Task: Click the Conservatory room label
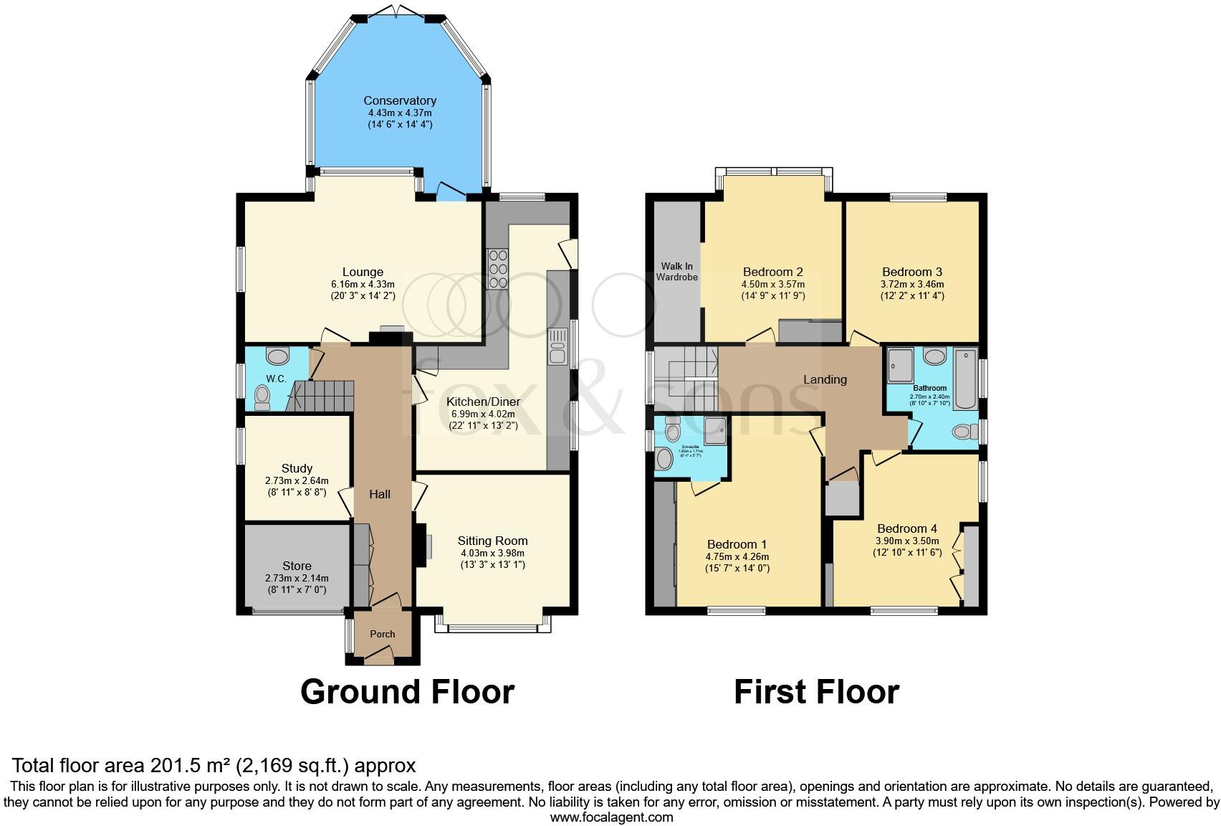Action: (399, 101)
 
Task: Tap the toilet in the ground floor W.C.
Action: (262, 397)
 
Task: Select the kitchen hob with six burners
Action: (497, 267)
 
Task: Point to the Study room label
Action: (297, 469)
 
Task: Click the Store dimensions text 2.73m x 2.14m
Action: (297, 578)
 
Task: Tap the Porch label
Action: (383, 634)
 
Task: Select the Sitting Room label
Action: (493, 541)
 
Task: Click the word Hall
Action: (380, 494)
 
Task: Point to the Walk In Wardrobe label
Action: (677, 272)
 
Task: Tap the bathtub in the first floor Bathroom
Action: (965, 379)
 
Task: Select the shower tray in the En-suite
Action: (714, 429)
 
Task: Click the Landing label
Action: (825, 379)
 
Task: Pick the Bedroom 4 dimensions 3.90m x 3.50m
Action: (906, 541)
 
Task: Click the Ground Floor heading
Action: (407, 692)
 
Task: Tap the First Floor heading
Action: (816, 692)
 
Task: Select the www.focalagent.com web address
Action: (611, 817)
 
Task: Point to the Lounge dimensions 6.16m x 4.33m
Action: (363, 284)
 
